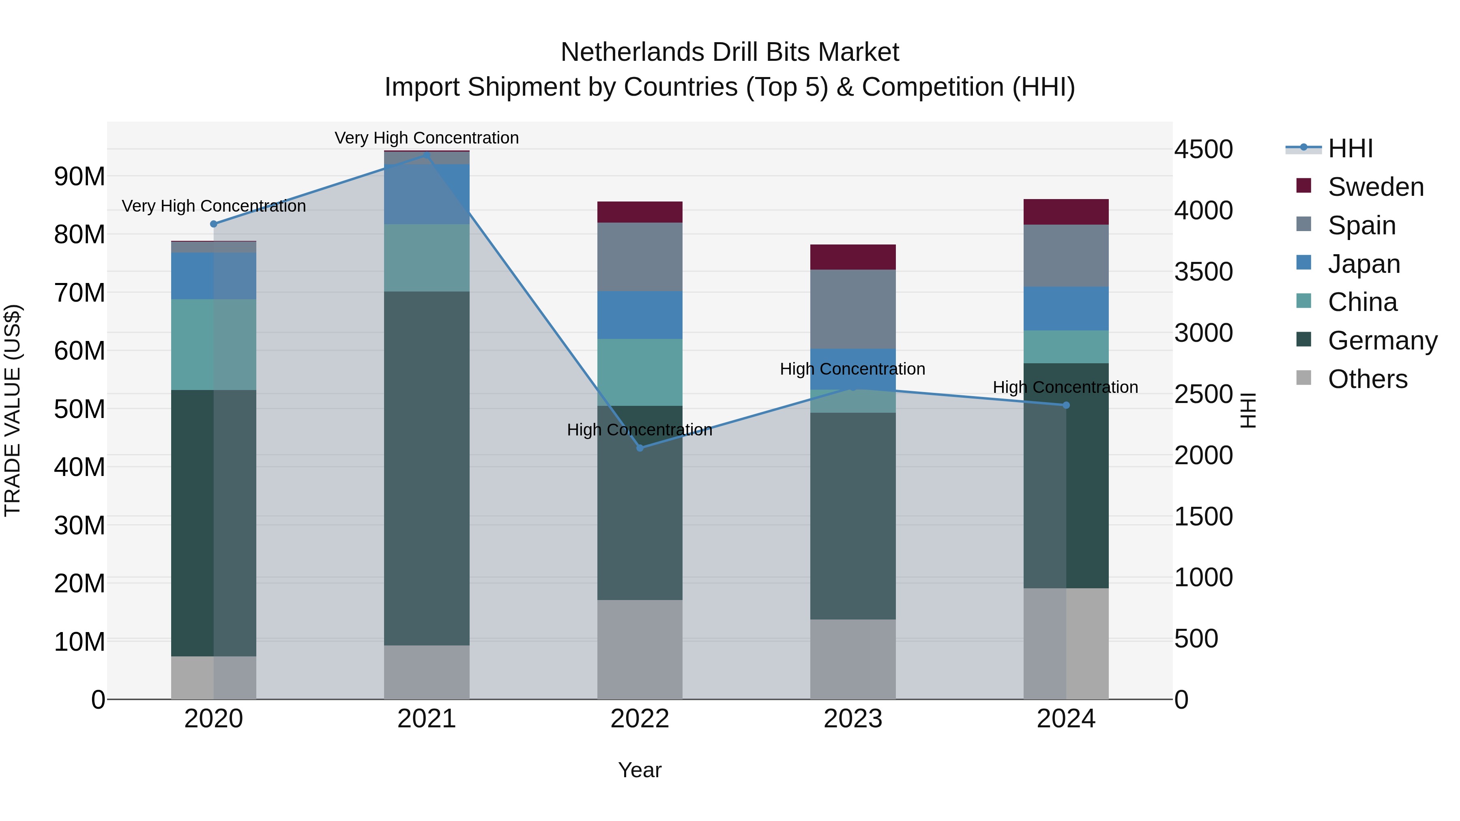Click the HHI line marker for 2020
(x=214, y=224)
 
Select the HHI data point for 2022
(x=640, y=448)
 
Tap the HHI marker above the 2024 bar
(x=1066, y=405)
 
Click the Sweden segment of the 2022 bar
(x=640, y=212)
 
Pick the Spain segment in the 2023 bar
(x=853, y=309)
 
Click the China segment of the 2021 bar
(x=427, y=258)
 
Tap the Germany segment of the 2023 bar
(x=853, y=516)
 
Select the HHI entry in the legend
(x=1350, y=148)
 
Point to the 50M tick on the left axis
(x=79, y=409)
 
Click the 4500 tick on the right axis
(x=1203, y=150)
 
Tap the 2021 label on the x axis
(x=427, y=719)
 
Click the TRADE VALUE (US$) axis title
(x=13, y=410)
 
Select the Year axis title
(x=640, y=770)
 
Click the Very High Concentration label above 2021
(x=427, y=138)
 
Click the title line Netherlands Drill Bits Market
(x=730, y=52)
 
